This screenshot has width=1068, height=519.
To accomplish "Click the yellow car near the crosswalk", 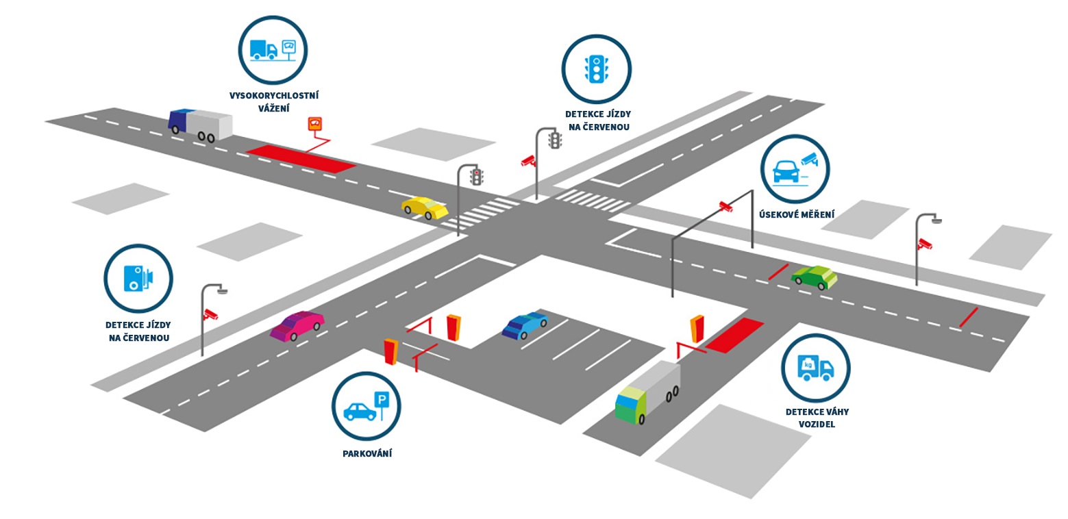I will pyautogui.click(x=425, y=207).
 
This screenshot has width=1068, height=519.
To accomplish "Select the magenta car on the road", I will pyautogui.click(x=297, y=325).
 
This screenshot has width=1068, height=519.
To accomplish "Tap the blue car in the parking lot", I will pyautogui.click(x=525, y=325).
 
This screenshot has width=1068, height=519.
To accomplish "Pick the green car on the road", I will pyautogui.click(x=814, y=277).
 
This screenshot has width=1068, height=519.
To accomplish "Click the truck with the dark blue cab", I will pyautogui.click(x=200, y=125).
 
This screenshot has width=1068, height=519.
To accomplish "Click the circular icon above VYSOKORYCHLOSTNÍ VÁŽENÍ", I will pyautogui.click(x=273, y=51).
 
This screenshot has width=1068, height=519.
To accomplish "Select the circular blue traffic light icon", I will pyautogui.click(x=596, y=68).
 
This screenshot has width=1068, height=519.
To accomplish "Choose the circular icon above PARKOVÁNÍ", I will pyautogui.click(x=366, y=407).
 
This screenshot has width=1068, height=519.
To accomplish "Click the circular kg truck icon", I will pyautogui.click(x=815, y=368).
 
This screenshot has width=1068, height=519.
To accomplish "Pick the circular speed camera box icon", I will pyautogui.click(x=138, y=278).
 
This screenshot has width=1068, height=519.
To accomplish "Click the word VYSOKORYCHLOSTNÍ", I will pyautogui.click(x=274, y=96).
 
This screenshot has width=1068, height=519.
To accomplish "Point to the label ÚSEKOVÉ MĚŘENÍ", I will pyautogui.click(x=797, y=215).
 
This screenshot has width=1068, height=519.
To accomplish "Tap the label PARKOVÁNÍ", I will pyautogui.click(x=367, y=453).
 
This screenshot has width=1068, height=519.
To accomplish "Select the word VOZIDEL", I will pyautogui.click(x=817, y=425).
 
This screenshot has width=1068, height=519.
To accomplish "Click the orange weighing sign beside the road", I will pyautogui.click(x=315, y=124).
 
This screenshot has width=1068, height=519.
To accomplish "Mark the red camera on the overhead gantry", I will pyautogui.click(x=725, y=205).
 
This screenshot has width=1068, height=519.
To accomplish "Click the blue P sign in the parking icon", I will pyautogui.click(x=382, y=398).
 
